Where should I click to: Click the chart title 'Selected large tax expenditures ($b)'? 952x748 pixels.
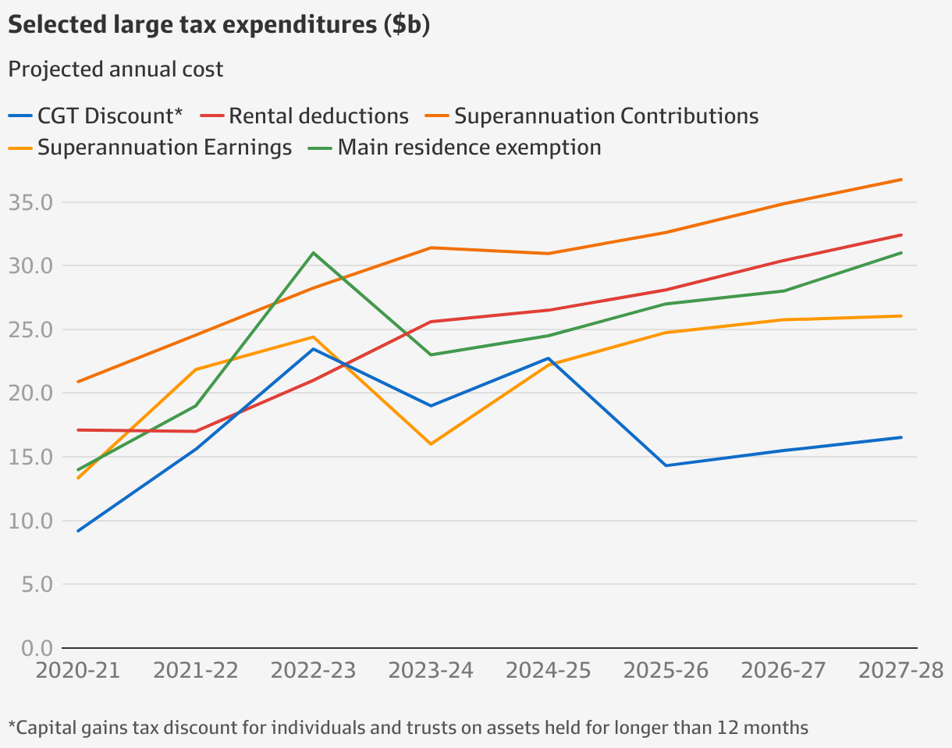pyautogui.click(x=218, y=25)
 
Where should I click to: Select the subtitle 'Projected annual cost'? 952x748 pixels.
pyautogui.click(x=115, y=69)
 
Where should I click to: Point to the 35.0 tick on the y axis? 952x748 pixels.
pyautogui.click(x=30, y=202)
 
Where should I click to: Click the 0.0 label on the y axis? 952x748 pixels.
pyautogui.click(x=30, y=648)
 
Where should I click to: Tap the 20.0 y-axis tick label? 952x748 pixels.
pyautogui.click(x=30, y=394)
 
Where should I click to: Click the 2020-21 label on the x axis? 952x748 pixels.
pyautogui.click(x=78, y=671)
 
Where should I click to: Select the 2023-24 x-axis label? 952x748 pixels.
pyautogui.click(x=431, y=671)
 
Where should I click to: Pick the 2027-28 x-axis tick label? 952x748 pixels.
pyautogui.click(x=900, y=671)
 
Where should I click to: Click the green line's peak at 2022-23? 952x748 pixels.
pyautogui.click(x=313, y=253)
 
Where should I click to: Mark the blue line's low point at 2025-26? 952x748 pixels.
pyautogui.click(x=666, y=465)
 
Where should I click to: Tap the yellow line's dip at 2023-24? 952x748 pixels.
pyautogui.click(x=431, y=444)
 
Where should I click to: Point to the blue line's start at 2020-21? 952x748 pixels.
pyautogui.click(x=78, y=531)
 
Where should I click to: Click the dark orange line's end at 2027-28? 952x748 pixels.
pyautogui.click(x=901, y=180)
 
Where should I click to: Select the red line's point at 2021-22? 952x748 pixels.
pyautogui.click(x=195, y=431)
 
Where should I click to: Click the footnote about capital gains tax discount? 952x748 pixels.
pyautogui.click(x=408, y=728)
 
